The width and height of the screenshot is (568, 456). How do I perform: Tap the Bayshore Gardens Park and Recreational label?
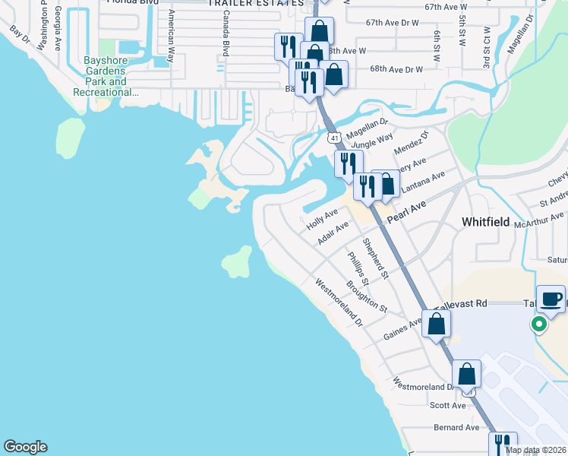click(x=106, y=81)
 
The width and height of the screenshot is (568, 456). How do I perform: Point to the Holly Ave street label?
click(x=321, y=220)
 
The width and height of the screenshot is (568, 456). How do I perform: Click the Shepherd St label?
click(x=375, y=258)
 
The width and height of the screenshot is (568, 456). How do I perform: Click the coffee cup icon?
click(x=551, y=299)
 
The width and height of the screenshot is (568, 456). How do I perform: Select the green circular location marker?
click(x=539, y=325)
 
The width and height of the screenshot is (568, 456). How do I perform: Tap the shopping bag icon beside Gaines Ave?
click(x=437, y=325)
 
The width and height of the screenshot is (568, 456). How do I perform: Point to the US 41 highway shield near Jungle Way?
click(x=334, y=138)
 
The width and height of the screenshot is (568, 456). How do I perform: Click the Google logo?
click(x=25, y=447)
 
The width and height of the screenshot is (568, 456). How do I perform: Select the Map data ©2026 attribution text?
click(x=535, y=450)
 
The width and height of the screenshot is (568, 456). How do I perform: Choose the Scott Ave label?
click(x=448, y=406)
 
